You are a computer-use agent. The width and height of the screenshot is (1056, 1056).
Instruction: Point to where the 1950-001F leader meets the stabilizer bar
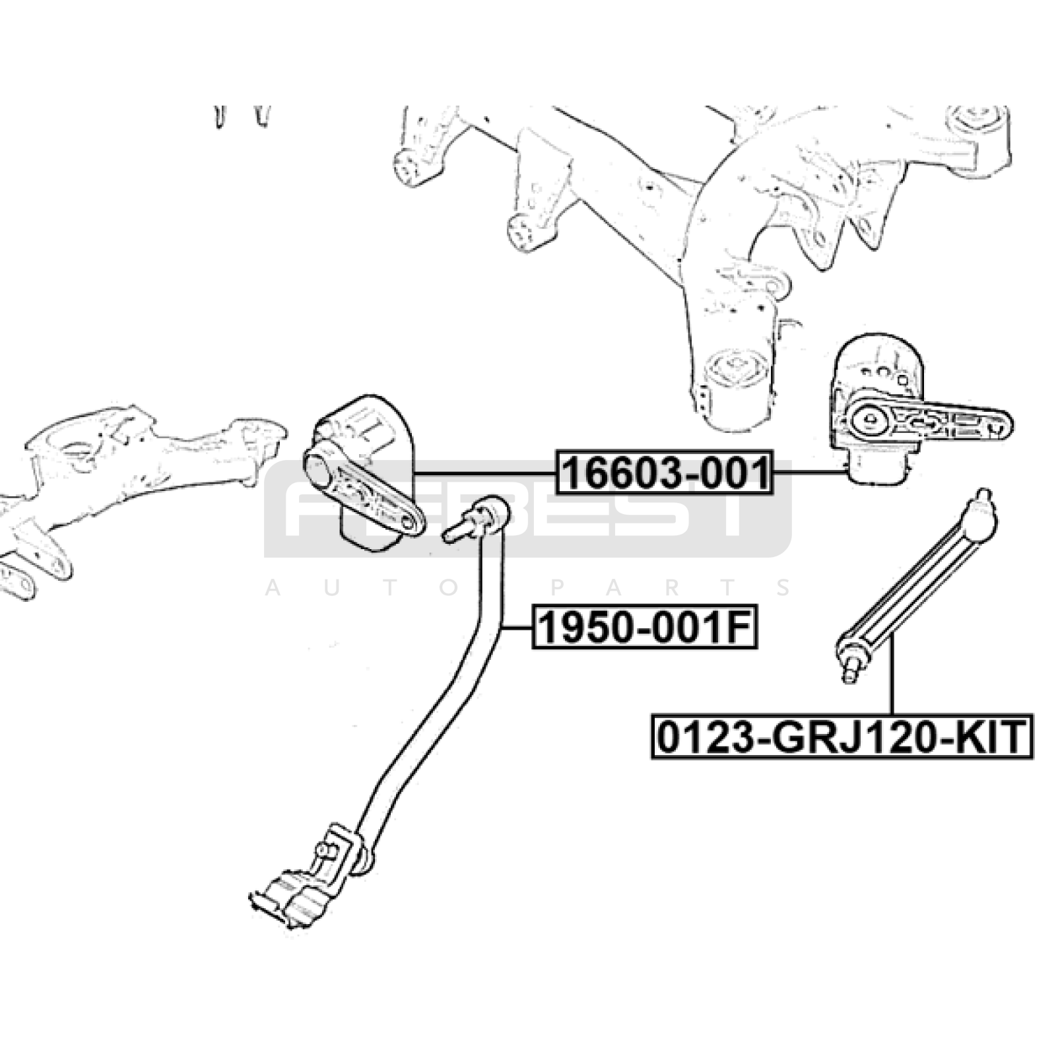click(502, 628)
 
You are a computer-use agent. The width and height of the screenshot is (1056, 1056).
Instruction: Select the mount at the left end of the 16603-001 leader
click(360, 473)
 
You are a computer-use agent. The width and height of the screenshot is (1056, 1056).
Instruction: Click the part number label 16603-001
click(665, 473)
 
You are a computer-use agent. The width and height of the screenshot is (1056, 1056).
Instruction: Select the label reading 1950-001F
click(645, 628)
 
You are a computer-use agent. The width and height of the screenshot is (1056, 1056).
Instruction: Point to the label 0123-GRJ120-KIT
click(842, 737)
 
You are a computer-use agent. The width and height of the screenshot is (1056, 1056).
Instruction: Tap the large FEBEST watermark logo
click(528, 508)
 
